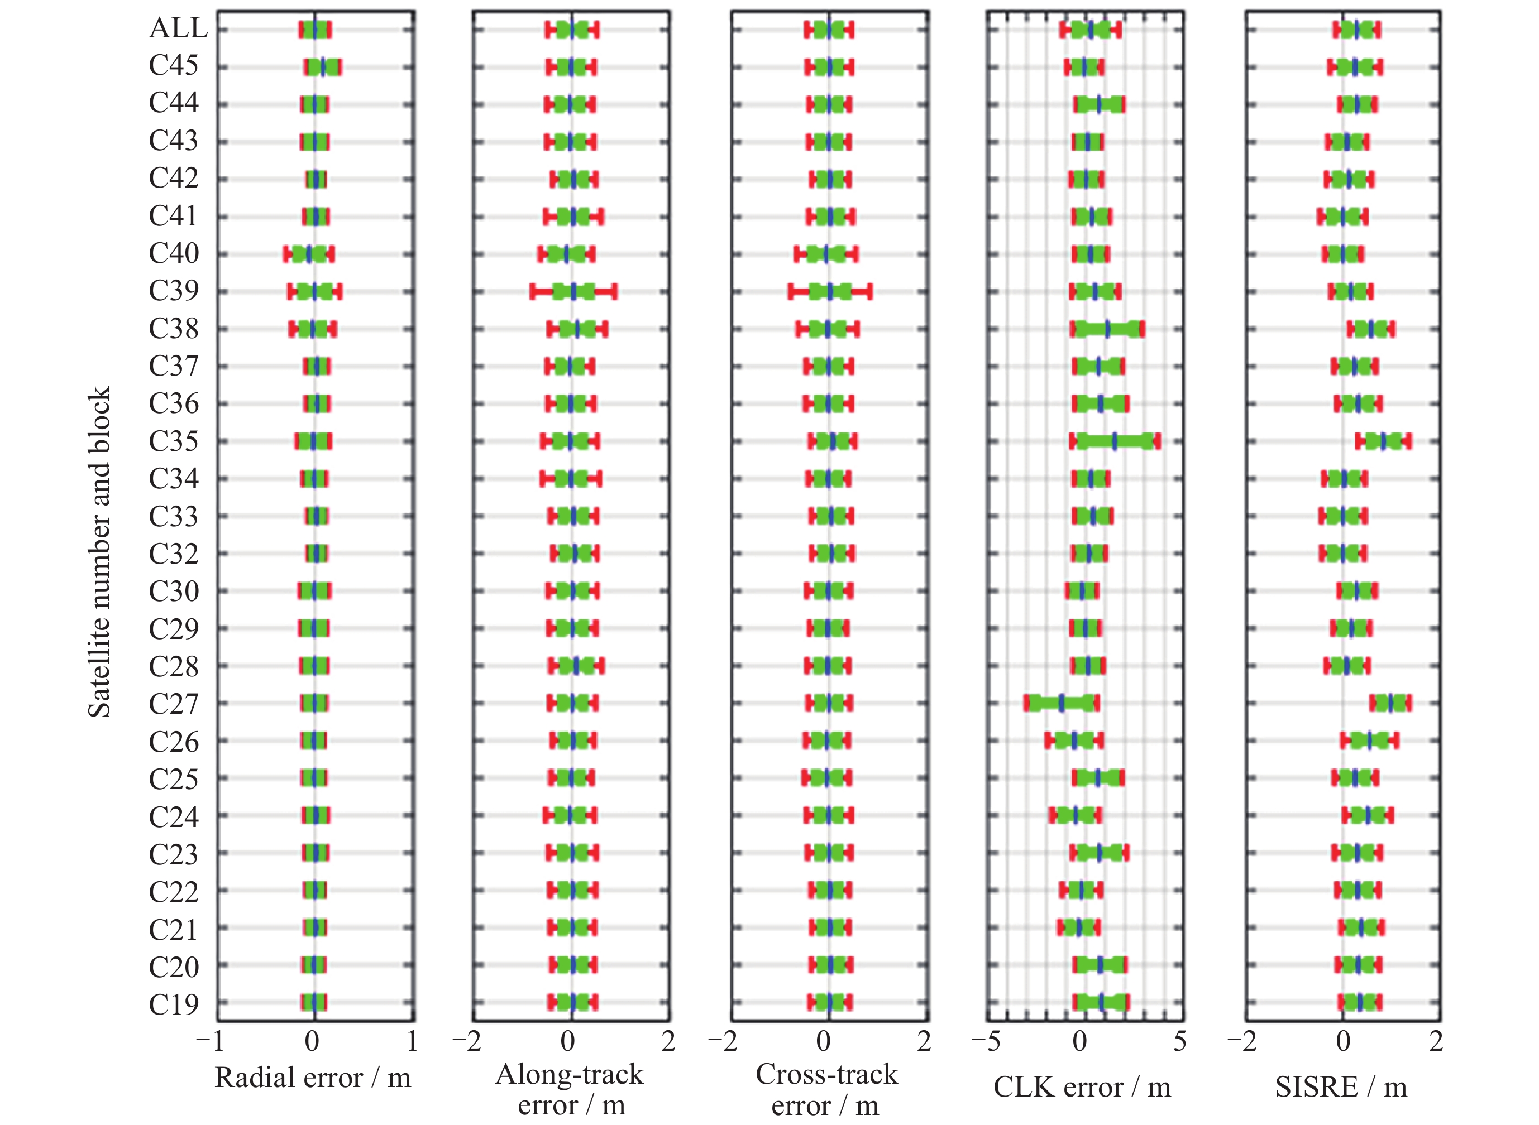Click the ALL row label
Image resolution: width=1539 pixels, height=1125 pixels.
[x=178, y=28]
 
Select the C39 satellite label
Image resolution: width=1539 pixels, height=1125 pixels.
[x=174, y=291]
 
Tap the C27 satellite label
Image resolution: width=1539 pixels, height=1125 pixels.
[x=174, y=704]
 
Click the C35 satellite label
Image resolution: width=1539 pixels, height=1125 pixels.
[x=174, y=441]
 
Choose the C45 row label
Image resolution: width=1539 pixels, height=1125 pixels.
[x=174, y=65]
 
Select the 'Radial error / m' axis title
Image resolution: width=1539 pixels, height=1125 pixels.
[x=313, y=1078]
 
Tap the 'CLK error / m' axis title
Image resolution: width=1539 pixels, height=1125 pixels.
[x=1082, y=1087]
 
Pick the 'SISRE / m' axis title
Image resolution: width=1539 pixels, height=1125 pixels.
[x=1341, y=1087]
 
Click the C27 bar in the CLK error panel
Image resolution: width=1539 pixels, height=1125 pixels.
[x=1062, y=704]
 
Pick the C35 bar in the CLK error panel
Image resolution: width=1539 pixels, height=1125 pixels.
[x=1115, y=441]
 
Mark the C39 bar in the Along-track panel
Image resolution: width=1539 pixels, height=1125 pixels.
[x=573, y=291]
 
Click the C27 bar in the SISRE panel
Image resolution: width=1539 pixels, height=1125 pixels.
[x=1390, y=704]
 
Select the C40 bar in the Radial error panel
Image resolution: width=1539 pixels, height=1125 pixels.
[x=309, y=254]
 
